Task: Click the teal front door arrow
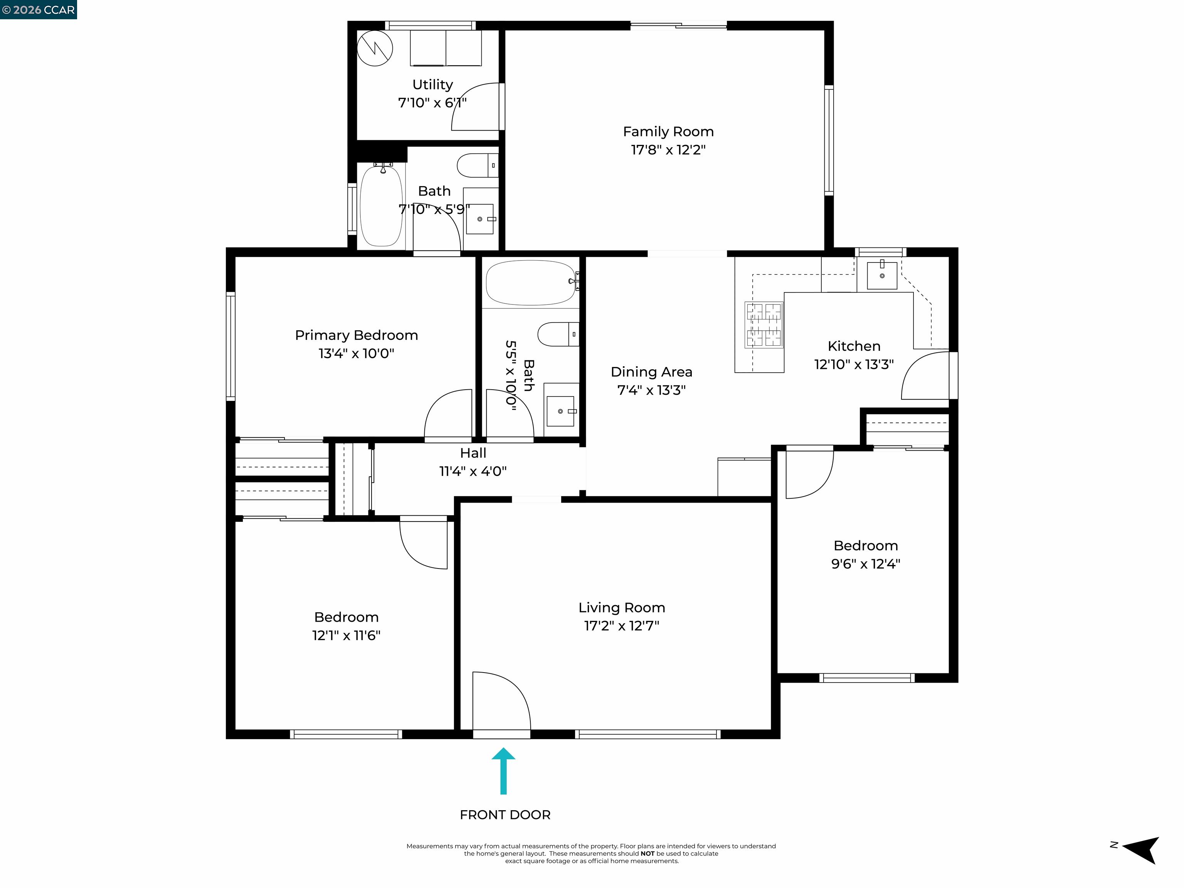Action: tap(503, 771)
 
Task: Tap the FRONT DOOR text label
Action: tap(505, 815)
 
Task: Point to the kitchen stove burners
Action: tap(764, 325)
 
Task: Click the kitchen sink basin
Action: tap(881, 275)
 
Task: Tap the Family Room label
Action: tap(668, 132)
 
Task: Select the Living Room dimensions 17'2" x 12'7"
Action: tap(621, 626)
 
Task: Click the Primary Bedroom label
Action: tap(356, 335)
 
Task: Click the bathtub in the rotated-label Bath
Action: tap(531, 283)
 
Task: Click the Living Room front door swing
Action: tap(501, 701)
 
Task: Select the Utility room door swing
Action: tap(476, 107)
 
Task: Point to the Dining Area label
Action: tap(651, 372)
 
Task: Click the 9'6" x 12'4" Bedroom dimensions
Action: tap(866, 563)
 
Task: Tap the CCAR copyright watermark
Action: tap(39, 10)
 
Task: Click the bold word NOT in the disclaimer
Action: tap(647, 854)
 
